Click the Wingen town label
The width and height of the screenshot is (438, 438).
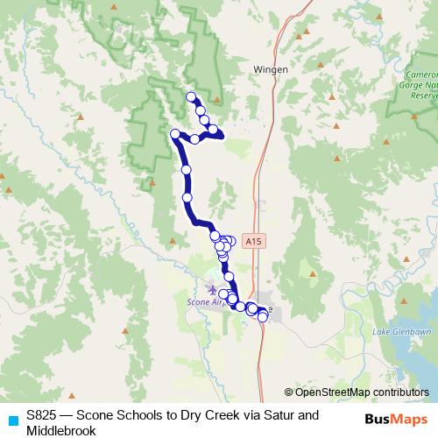[x=271, y=67]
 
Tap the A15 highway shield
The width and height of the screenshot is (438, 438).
[x=254, y=239]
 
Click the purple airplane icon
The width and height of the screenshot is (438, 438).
[x=211, y=287]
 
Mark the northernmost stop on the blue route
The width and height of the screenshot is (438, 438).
[x=191, y=95]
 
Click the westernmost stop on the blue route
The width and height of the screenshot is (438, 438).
[x=174, y=134]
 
